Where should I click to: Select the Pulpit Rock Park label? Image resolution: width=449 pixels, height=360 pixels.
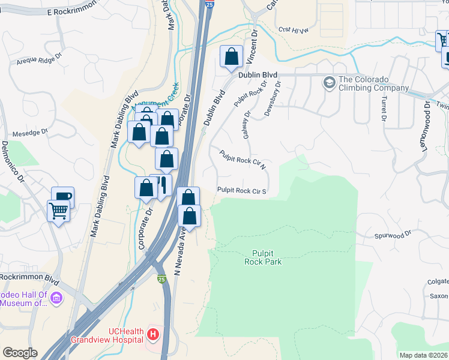[263, 257]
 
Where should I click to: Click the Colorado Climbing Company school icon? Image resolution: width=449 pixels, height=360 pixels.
[329, 82]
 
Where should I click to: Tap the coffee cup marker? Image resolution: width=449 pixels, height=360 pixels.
[62, 196]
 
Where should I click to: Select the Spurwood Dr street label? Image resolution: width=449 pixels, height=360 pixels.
[393, 235]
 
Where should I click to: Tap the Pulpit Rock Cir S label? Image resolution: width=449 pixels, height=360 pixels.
[241, 191]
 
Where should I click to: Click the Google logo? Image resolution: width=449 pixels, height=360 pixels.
[20, 353]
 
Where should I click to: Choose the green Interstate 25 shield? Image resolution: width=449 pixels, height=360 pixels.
[162, 280]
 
